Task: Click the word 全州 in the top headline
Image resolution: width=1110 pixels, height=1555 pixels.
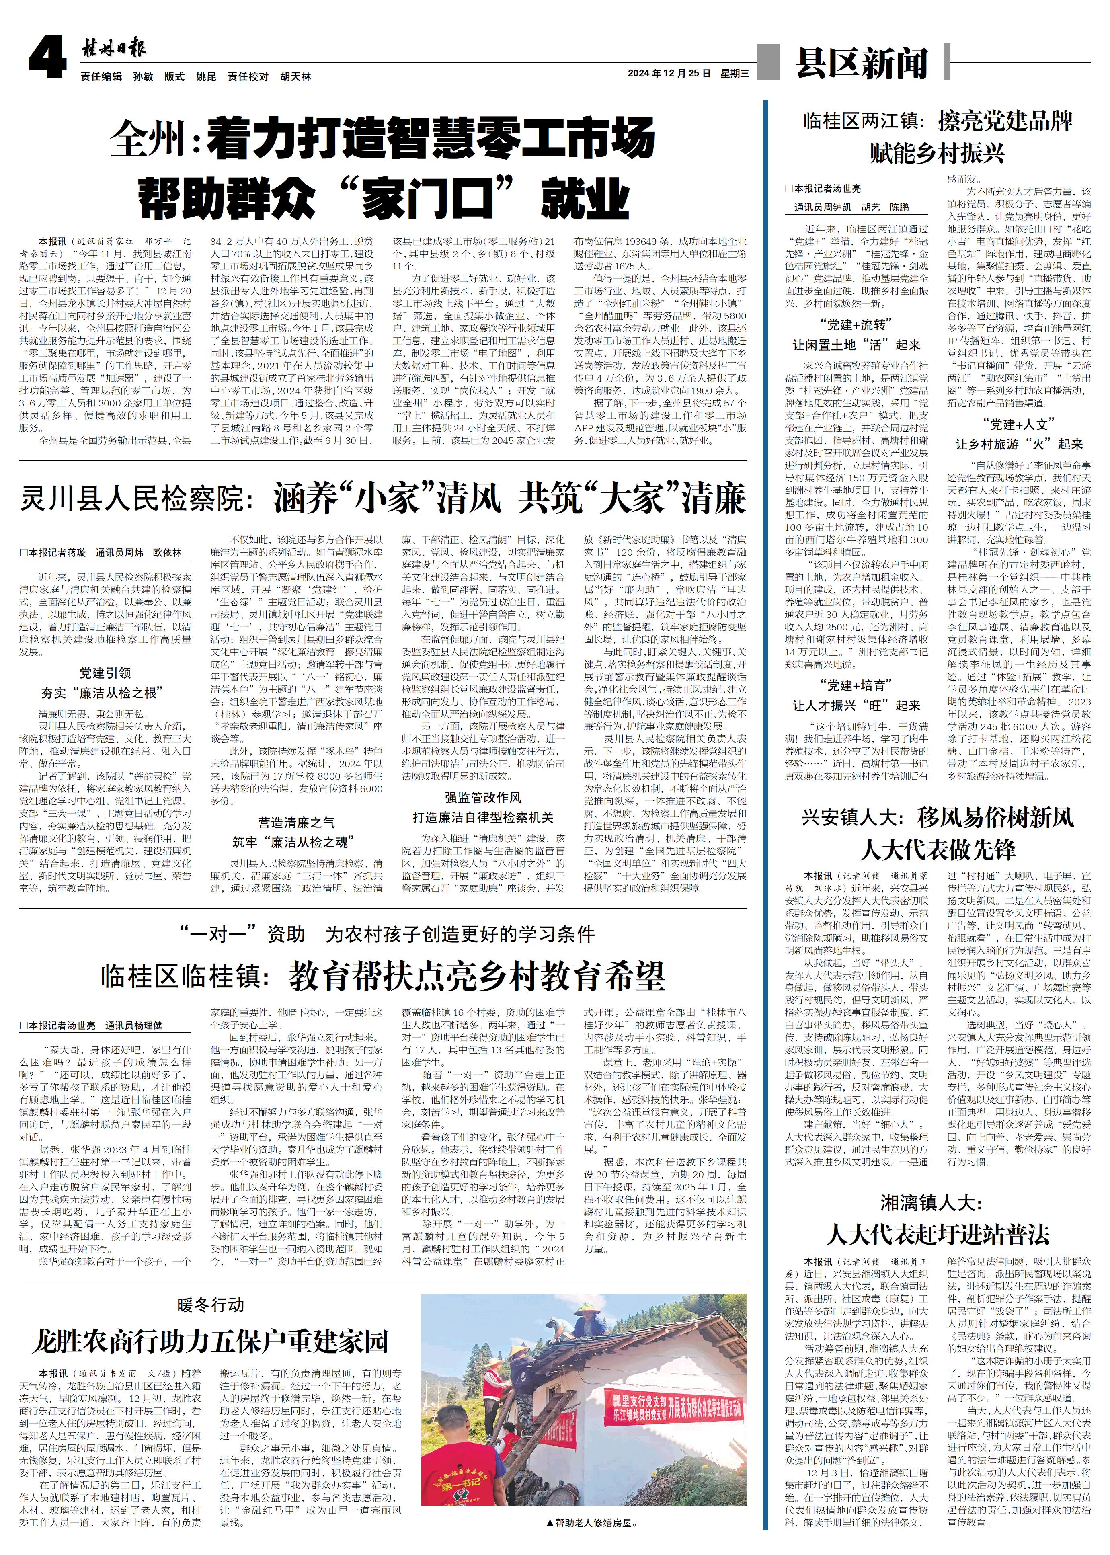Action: pyautogui.click(x=151, y=139)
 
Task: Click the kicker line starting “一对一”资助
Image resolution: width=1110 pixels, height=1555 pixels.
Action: pyautogui.click(x=387, y=934)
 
